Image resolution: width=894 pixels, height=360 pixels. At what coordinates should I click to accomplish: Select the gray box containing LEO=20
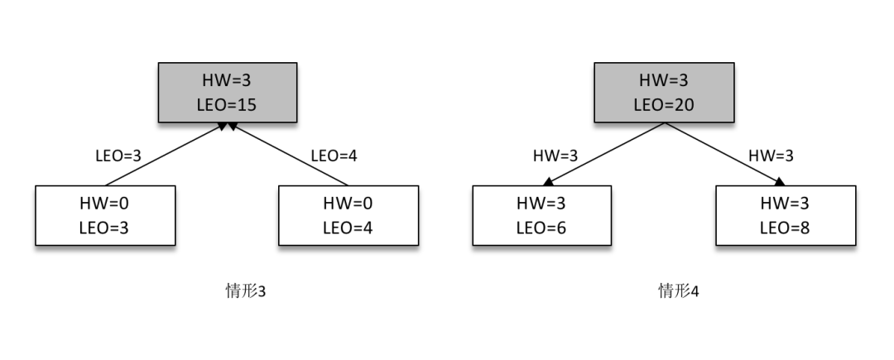[663, 92]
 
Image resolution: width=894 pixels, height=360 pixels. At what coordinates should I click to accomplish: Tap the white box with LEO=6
[541, 215]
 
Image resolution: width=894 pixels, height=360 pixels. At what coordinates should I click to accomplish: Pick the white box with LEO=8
[785, 215]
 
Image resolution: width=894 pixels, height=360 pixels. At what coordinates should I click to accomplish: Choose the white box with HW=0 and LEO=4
[348, 215]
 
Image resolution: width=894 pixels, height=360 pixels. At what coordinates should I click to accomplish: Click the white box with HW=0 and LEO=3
[105, 215]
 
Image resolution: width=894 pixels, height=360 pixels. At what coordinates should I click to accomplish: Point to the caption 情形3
[245, 291]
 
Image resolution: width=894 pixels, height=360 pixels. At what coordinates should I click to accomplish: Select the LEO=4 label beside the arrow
[333, 155]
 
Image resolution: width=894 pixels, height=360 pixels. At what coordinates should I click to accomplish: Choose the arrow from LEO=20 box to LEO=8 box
[723, 154]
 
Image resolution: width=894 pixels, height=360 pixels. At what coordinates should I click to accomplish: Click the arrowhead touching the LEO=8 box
[780, 183]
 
